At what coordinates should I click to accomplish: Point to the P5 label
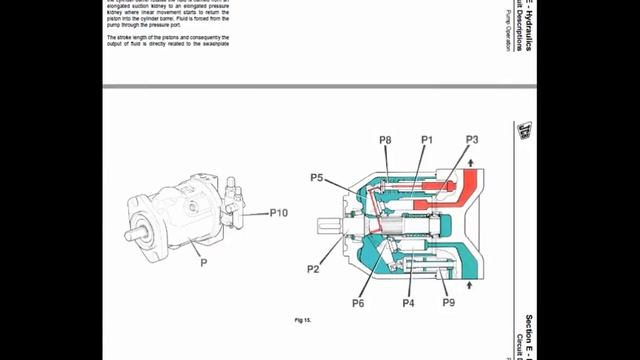point(316,178)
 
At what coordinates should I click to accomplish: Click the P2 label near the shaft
point(313,269)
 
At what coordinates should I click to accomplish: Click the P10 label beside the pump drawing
point(279,213)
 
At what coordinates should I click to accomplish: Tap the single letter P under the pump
point(203,263)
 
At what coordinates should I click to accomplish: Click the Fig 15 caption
point(303,320)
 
